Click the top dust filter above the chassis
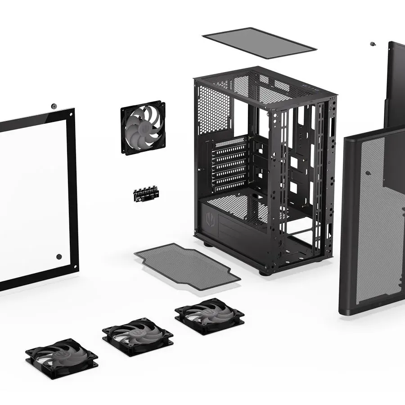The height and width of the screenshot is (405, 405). pyautogui.click(x=259, y=43)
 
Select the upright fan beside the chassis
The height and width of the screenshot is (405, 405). pyautogui.click(x=143, y=128)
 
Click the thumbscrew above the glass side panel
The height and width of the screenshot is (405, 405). pyautogui.click(x=54, y=106)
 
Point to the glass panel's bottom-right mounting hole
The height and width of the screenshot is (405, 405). pyautogui.click(x=59, y=256)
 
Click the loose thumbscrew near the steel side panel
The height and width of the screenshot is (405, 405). pyautogui.click(x=373, y=44)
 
